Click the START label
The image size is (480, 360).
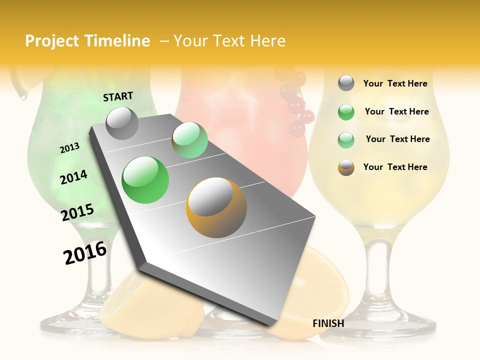pos(118,96)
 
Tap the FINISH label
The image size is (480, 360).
pos(328,323)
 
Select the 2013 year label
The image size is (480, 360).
pos(69,148)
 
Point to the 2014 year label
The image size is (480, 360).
pos(73,177)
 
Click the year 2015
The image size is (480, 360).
pos(77,212)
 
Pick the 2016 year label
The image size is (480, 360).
pos(85,253)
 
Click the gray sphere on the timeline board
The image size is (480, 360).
pos(122,123)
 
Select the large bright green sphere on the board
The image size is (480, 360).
pos(145,180)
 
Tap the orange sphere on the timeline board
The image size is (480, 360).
pos(216,207)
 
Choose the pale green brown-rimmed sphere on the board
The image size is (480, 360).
pos(189,140)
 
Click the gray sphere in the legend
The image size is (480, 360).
pos(346,83)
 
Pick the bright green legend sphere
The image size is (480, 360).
pos(346,112)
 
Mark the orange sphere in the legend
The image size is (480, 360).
pos(346,167)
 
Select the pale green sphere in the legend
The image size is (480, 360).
pos(346,139)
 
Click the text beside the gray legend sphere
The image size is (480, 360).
pos(395,84)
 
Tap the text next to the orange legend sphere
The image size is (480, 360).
pos(395,167)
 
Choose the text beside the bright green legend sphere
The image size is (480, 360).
pos(396,111)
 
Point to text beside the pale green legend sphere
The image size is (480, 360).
pos(397,139)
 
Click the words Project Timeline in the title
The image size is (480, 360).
pos(87,41)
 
